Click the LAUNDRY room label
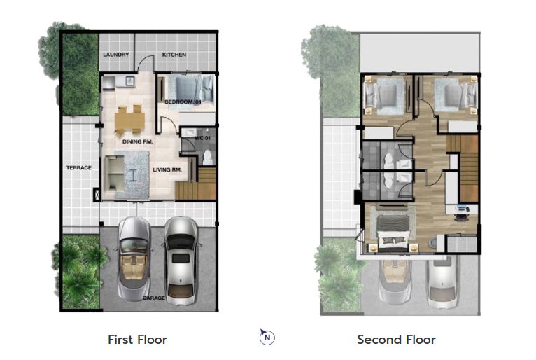tap(116, 55)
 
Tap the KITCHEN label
tap(174, 55)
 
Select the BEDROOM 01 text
tap(183, 102)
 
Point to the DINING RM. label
tap(137, 141)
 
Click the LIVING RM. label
tap(167, 169)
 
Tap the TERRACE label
tap(78, 167)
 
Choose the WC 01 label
tap(202, 138)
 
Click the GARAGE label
tap(154, 298)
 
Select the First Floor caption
tap(137, 340)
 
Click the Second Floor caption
tap(397, 340)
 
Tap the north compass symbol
tap(267, 337)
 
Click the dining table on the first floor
tap(129, 120)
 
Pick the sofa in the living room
tap(114, 172)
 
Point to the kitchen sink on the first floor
tap(129, 81)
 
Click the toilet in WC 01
tap(208, 158)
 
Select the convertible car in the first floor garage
tap(134, 258)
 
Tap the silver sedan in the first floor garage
tap(180, 261)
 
